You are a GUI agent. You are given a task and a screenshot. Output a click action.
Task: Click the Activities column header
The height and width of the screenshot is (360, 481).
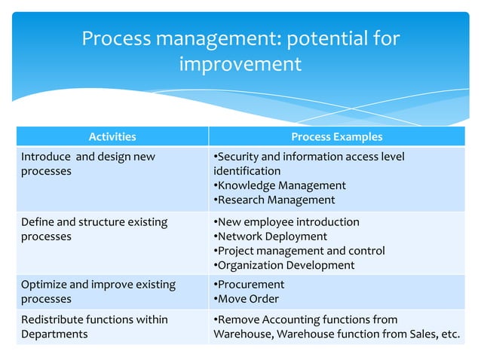[112, 136]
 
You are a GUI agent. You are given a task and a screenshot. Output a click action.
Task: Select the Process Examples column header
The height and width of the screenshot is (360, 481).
[336, 136]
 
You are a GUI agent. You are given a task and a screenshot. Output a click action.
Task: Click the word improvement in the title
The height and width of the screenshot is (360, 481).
[240, 65]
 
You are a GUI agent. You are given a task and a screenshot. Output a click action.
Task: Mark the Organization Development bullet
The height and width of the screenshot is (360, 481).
[284, 265]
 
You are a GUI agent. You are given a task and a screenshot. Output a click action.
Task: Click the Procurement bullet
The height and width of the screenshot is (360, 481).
[249, 285]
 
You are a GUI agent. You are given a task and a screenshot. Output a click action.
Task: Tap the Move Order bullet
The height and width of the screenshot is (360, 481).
[246, 299]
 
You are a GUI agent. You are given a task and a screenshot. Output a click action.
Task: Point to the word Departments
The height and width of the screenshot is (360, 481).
[54, 334]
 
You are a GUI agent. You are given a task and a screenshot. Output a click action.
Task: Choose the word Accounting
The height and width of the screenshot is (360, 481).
[289, 319]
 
